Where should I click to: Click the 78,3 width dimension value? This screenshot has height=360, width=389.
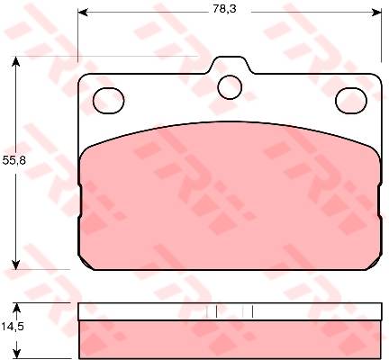224,9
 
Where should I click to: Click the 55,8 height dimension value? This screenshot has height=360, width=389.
14,161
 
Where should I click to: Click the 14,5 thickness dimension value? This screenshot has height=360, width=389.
12,326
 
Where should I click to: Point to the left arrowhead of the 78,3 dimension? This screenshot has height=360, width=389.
82,13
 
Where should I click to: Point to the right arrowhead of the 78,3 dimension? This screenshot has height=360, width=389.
376,13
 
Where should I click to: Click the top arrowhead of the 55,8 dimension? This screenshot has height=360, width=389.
15,61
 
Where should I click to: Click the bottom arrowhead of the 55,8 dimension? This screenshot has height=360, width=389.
15,265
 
